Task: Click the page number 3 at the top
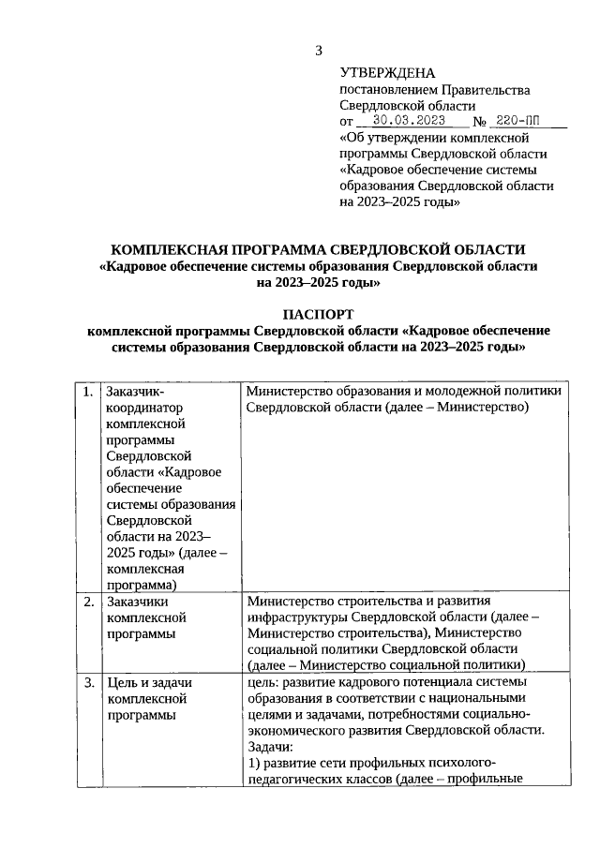pyautogui.click(x=318, y=50)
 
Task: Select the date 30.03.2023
pyautogui.click(x=409, y=121)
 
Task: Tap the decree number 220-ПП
pyautogui.click(x=517, y=121)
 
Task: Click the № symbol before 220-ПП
pyautogui.click(x=478, y=122)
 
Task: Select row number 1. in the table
pyautogui.click(x=87, y=392)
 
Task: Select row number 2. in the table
pyautogui.click(x=87, y=602)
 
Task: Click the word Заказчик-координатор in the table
pyautogui.click(x=142, y=400)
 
